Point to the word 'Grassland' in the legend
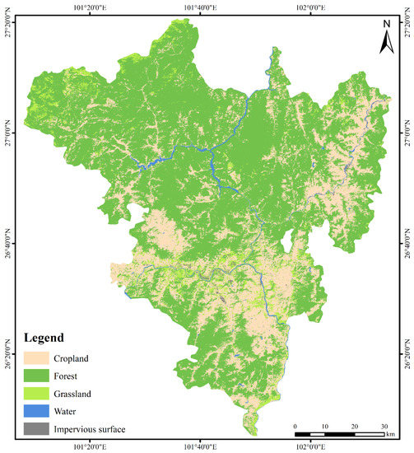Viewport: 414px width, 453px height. pos(75,394)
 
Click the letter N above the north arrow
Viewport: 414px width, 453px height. pos(385,23)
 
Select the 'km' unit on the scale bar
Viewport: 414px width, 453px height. pos(391,433)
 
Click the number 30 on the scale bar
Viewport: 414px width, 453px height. pos(384,426)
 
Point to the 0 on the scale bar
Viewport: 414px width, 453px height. pos(295,426)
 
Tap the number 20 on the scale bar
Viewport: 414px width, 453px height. pos(355,426)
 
